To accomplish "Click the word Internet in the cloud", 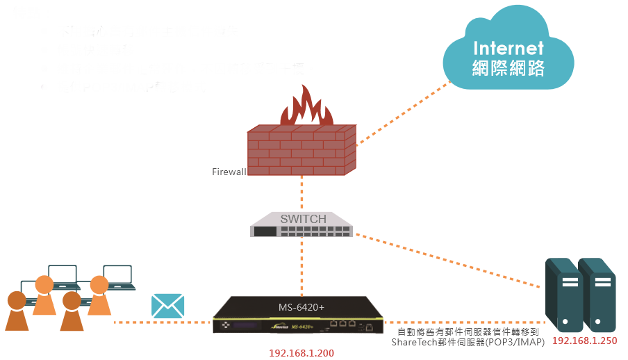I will [508, 48].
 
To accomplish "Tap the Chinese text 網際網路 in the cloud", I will [508, 68].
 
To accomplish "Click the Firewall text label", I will [229, 171].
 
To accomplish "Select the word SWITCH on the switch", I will [303, 220].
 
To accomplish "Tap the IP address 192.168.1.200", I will [301, 353].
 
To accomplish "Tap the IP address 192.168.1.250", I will [584, 341].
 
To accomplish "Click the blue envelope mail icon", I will [167, 306].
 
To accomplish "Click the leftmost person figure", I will [17, 311].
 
